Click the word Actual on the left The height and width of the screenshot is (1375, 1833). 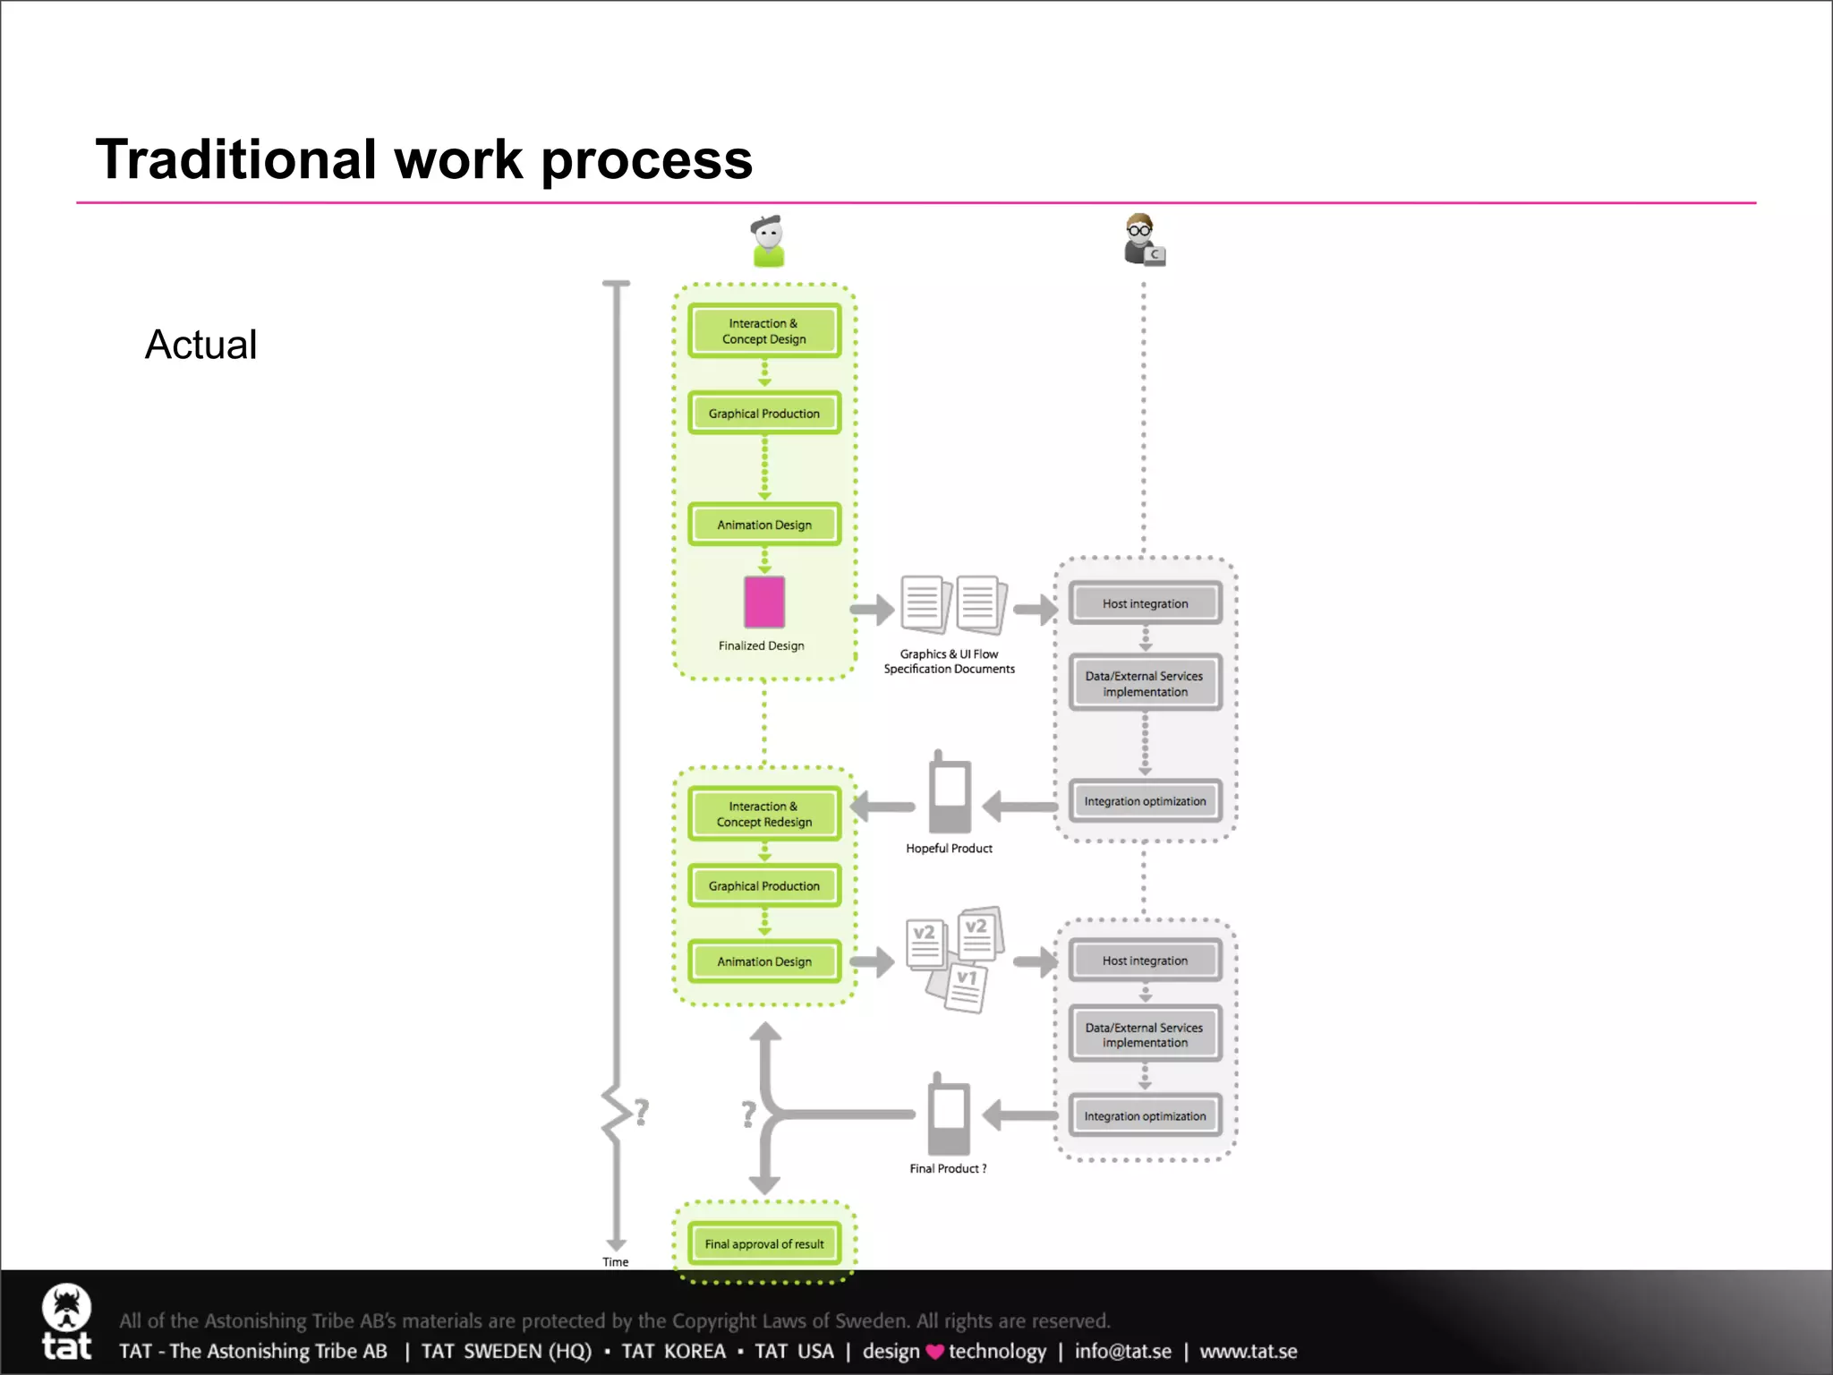tap(200, 345)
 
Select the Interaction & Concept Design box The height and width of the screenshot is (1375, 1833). tap(763, 331)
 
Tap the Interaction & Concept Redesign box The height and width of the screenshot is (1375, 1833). tap(763, 814)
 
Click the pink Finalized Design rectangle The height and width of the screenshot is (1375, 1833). tap(764, 602)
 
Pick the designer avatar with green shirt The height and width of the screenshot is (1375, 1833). tap(767, 241)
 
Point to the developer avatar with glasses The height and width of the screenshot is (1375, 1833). tap(1143, 239)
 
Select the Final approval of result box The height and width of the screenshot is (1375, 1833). tap(763, 1243)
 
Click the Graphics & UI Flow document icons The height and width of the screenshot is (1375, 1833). tap(952, 604)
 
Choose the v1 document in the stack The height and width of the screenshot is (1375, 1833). tap(965, 987)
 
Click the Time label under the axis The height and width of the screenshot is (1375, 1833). tap(615, 1261)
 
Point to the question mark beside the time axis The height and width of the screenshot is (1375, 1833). tap(641, 1113)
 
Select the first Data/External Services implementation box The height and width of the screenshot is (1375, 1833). tap(1144, 683)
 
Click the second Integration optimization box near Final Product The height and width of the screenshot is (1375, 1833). tap(1144, 1115)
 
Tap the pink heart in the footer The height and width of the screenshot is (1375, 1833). tap(934, 1352)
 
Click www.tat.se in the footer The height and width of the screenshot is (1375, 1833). tap(1248, 1351)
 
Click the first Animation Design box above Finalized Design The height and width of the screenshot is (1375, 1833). tap(763, 525)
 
